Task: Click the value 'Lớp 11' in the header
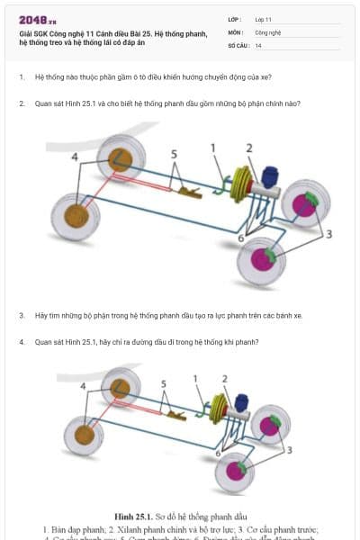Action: (265, 19)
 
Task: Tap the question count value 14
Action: (258, 44)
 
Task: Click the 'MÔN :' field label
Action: (235, 31)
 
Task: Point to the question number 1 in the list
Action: (21, 77)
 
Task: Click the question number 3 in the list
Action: (21, 316)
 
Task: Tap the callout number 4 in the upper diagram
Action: (75, 157)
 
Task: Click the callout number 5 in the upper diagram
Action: (175, 154)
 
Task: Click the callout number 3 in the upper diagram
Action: (329, 234)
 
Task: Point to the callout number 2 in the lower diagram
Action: (224, 379)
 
